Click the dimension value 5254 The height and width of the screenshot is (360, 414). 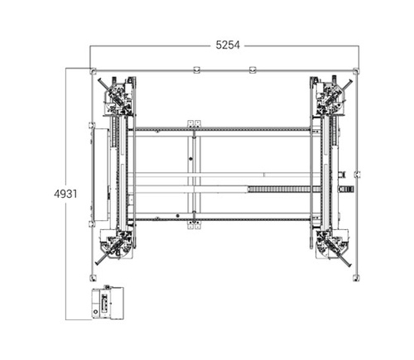click(228, 45)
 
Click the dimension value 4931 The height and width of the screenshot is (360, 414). click(65, 194)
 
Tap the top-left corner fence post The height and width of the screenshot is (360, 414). click(93, 71)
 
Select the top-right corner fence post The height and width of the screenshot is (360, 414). click(356, 71)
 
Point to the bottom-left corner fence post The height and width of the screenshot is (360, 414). click(93, 277)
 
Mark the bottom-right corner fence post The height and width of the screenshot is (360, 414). click(356, 277)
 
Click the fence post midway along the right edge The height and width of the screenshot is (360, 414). click(357, 175)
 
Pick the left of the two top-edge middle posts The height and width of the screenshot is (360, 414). click(196, 70)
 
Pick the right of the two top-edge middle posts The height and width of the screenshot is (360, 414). click(253, 70)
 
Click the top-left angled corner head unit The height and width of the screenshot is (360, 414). click(118, 96)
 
